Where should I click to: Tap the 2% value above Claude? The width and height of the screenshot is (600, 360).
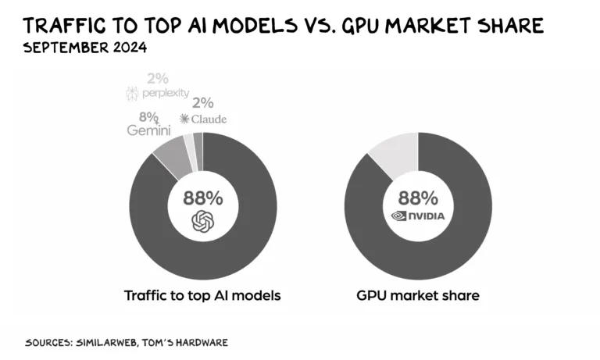(203, 103)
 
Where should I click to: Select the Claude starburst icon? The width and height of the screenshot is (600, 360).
(184, 119)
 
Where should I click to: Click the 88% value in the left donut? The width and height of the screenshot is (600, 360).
(202, 197)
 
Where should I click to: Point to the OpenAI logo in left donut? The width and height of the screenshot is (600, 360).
(202, 222)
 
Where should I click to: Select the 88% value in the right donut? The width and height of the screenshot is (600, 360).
(418, 197)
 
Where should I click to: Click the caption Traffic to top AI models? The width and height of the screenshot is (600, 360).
(202, 296)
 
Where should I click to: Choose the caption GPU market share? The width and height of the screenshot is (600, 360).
(418, 296)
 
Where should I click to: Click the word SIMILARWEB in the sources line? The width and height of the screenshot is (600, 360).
(109, 343)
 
